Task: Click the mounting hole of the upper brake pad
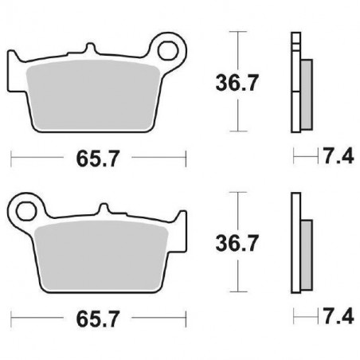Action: tap(170, 50)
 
